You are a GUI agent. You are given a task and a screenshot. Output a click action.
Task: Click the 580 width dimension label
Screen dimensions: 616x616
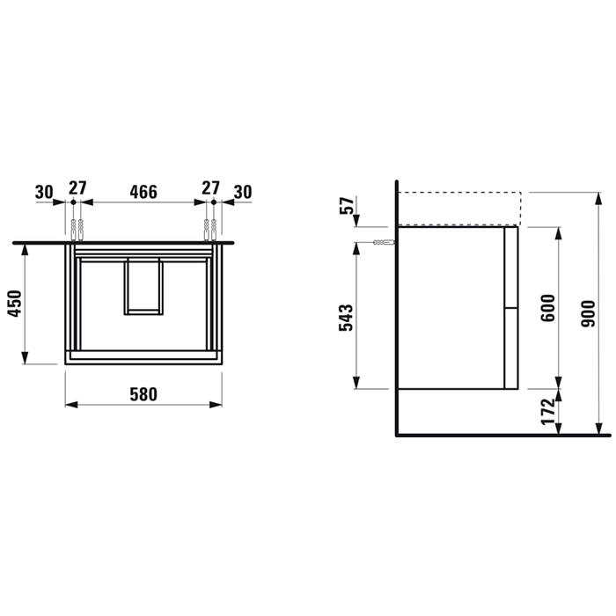(x=143, y=394)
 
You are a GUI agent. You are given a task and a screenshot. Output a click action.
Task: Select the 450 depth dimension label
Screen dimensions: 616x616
(x=15, y=304)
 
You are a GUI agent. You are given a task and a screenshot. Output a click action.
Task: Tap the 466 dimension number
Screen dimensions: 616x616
(x=143, y=192)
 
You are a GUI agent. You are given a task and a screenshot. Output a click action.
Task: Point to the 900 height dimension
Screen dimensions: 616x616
(x=589, y=313)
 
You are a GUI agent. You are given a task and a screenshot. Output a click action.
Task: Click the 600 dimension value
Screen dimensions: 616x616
(x=548, y=308)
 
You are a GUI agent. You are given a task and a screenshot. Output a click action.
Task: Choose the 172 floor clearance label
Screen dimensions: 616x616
(x=548, y=412)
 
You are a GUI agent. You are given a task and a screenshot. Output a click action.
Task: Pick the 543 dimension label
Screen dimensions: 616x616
(x=346, y=318)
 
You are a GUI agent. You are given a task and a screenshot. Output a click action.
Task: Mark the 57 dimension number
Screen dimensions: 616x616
(x=347, y=205)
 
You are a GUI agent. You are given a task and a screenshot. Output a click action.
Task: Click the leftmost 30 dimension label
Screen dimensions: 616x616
(x=44, y=192)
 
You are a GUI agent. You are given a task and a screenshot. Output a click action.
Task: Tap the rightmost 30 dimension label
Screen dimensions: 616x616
(x=243, y=192)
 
